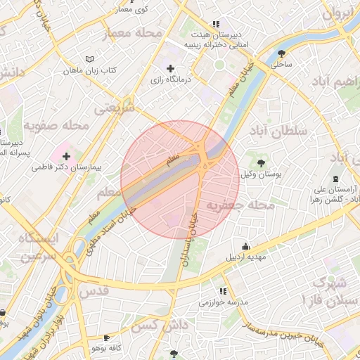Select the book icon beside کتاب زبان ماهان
pyautogui.click(x=88, y=59)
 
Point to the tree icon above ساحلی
pyautogui.click(x=282, y=53)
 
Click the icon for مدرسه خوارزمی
pyautogui.click(x=223, y=291)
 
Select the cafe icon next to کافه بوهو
pyautogui.click(x=107, y=337)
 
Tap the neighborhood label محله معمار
pyautogui.click(x=133, y=32)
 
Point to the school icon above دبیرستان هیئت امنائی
pyautogui.click(x=224, y=23)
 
